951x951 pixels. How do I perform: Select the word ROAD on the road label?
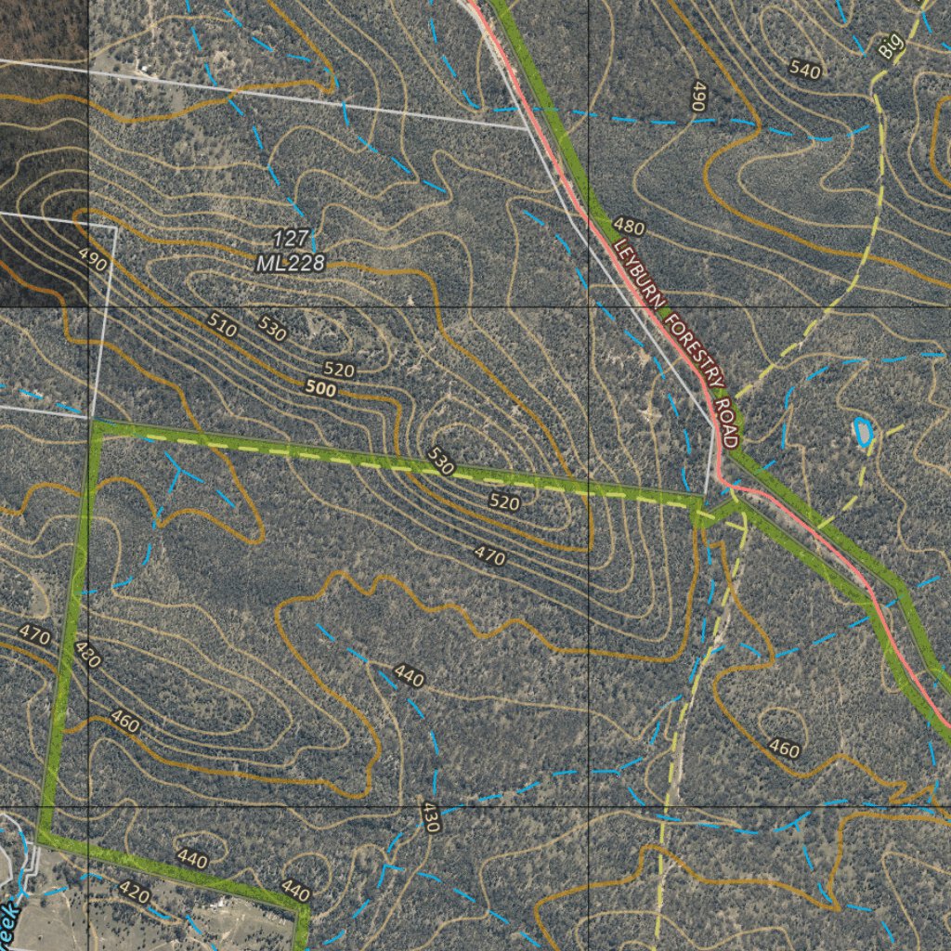[x=727, y=423]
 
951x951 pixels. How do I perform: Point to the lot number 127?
[x=291, y=239]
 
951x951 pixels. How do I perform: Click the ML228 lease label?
[x=291, y=264]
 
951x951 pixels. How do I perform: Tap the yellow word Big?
[x=892, y=47]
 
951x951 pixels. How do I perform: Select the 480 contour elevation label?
[x=629, y=227]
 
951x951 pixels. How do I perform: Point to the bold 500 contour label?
[x=319, y=390]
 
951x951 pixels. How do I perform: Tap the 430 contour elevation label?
[x=429, y=817]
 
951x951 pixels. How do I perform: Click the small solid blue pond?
[x=863, y=432]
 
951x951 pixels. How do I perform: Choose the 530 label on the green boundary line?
[x=440, y=462]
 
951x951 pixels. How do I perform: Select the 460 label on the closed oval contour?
[x=785, y=748]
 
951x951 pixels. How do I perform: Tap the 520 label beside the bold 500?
[x=339, y=370]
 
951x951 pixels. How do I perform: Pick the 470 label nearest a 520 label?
[x=489, y=556]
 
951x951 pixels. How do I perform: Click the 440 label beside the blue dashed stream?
[x=409, y=676]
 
